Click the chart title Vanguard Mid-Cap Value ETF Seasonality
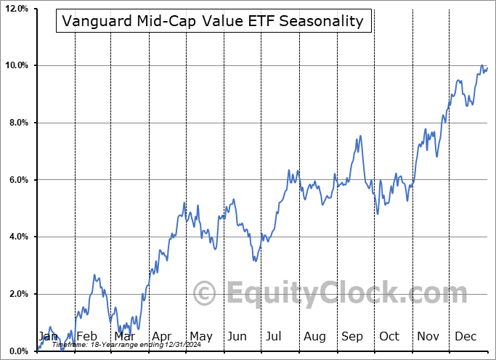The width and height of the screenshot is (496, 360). pos(213,21)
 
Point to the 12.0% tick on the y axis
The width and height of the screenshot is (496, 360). pos(16,9)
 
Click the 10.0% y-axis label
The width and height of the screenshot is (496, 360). pos(16,66)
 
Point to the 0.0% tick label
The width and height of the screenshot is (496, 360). pos(17,351)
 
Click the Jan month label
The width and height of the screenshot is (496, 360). pos(48,336)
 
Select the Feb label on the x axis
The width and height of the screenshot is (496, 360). pos(87,336)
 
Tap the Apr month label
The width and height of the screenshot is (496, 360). pos(162,336)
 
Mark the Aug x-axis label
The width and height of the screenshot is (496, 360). pos(314,336)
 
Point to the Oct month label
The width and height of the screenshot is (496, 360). pos(389,336)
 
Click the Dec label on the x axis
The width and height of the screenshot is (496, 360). pos(465,336)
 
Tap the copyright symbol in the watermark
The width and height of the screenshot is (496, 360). pos(204,294)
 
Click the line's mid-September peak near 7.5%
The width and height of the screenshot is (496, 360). pos(359,136)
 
